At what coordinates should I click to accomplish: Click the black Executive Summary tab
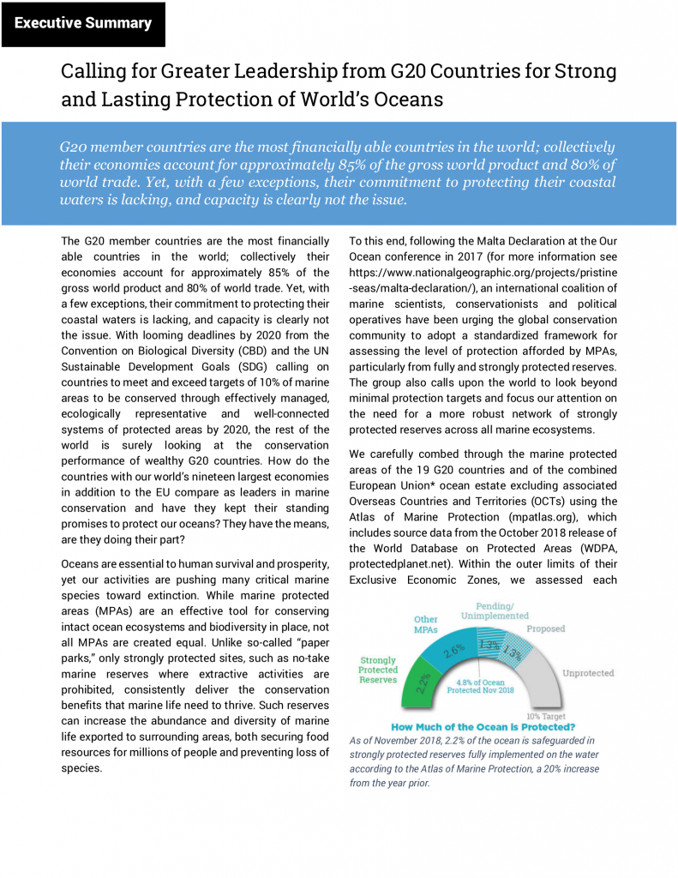click(82, 23)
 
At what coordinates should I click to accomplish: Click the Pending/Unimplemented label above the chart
click(495, 610)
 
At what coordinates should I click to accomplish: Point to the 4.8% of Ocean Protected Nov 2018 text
click(484, 686)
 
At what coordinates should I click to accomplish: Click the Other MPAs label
click(426, 625)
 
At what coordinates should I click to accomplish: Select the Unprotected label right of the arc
click(588, 673)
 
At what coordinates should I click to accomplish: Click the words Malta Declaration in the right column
click(467, 241)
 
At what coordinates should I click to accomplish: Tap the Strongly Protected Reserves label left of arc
click(379, 670)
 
